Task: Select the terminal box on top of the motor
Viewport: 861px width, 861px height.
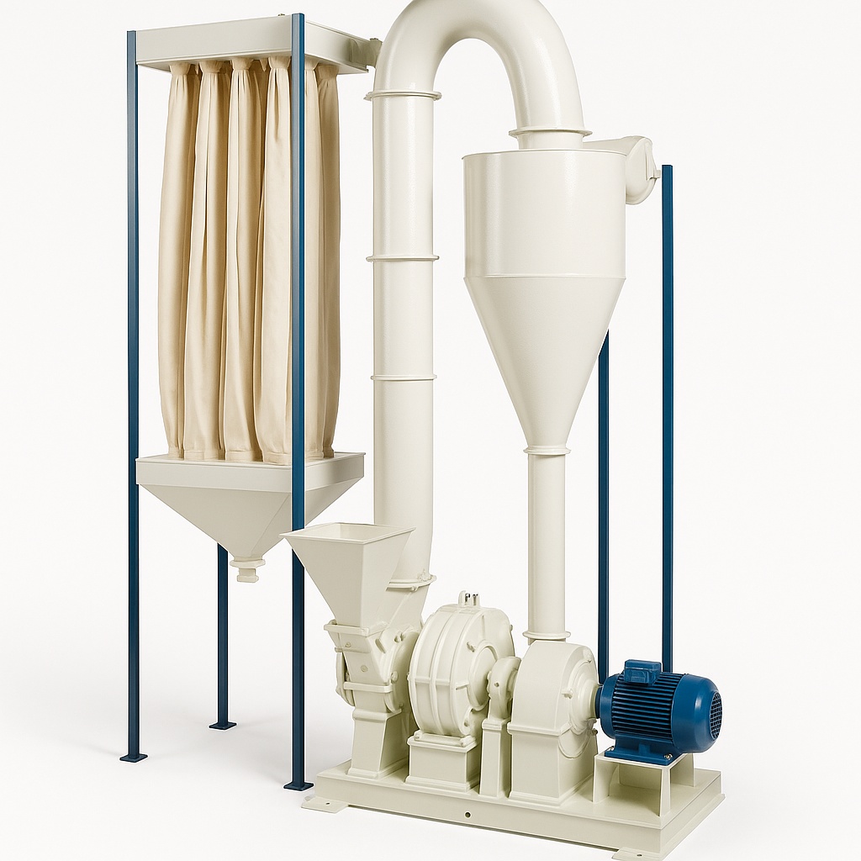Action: tap(642, 672)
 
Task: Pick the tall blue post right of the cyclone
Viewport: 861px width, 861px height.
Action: tap(667, 404)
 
